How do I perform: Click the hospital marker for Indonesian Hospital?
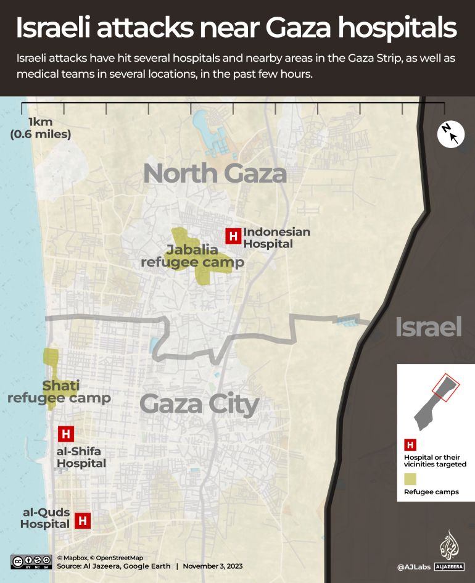tap(233, 236)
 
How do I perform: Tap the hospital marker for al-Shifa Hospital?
tap(66, 434)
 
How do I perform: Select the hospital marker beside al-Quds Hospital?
tap(83, 520)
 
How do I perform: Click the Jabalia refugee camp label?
tap(192, 256)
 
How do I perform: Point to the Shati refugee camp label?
tap(59, 392)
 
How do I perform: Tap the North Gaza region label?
tap(215, 174)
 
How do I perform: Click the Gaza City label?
tap(199, 405)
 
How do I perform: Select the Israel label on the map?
tap(428, 328)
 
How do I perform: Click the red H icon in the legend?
tap(410, 444)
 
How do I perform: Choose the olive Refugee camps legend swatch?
tap(410, 479)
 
